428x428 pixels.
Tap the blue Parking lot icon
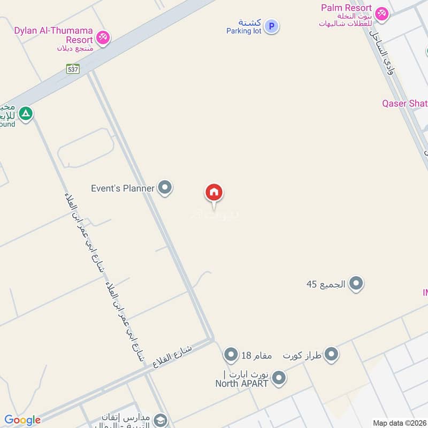coord(272,26)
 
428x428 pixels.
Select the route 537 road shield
coord(73,68)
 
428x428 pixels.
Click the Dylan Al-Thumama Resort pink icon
coord(104,37)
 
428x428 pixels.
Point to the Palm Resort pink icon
coord(381,13)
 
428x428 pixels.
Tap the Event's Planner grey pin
coord(165,188)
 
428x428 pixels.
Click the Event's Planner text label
coord(123,188)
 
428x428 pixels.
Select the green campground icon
coord(25,113)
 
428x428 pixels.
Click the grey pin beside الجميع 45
coord(356,284)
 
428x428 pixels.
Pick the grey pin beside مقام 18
coord(231,355)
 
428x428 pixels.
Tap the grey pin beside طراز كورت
coord(332,354)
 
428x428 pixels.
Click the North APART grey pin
coord(278,379)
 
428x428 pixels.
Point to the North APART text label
coord(242,383)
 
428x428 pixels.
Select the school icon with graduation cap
coord(160,421)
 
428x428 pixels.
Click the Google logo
coord(22,420)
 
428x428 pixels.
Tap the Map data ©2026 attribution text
coord(399,423)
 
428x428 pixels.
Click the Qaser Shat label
coord(404,103)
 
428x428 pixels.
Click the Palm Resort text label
coord(346,7)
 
